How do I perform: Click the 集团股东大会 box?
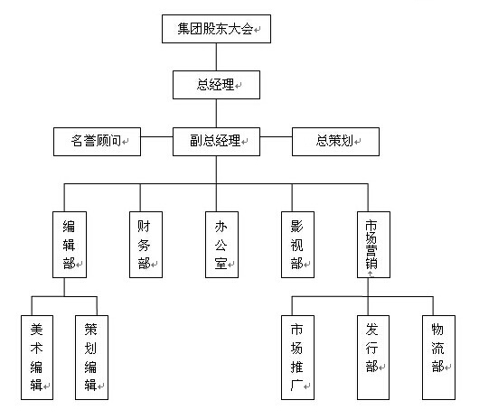point(216,29)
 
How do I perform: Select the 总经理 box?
point(216,85)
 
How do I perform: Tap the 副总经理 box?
point(216,142)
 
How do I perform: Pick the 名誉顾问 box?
point(97,142)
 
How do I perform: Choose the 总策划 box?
point(335,142)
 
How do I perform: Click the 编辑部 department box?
point(70,245)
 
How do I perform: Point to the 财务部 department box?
point(146,245)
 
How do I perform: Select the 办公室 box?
point(221,245)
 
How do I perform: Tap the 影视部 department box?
point(298,245)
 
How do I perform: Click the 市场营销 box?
point(373,245)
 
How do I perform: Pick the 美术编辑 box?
point(37,358)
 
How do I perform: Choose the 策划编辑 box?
point(91,358)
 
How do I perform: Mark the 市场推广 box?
point(298,358)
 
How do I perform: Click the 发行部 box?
point(373,358)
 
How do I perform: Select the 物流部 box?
point(438,358)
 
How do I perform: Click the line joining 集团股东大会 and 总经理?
point(216,57)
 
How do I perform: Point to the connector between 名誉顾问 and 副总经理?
point(156,136)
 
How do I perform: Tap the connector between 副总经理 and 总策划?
point(277,136)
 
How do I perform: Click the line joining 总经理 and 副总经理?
point(216,113)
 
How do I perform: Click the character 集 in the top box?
point(183,29)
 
